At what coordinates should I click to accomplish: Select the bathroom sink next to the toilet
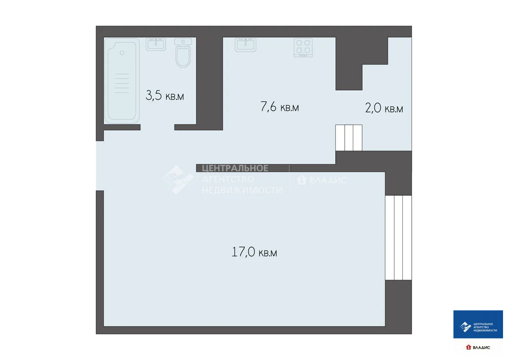click(156, 45)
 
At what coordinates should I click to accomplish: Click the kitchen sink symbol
click(246, 45)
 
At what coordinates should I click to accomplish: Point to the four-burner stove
click(304, 47)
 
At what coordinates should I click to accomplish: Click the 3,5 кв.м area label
click(165, 95)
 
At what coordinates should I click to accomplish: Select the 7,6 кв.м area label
click(280, 107)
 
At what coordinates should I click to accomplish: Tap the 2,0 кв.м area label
click(384, 108)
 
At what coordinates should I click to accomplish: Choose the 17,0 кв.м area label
click(254, 252)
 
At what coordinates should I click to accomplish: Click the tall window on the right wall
click(398, 237)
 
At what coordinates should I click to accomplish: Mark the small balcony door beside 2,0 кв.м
click(349, 138)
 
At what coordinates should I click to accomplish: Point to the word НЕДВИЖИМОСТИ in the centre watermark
click(242, 190)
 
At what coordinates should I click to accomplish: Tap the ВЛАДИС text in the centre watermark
click(328, 180)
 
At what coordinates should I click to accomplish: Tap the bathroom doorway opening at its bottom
click(157, 127)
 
